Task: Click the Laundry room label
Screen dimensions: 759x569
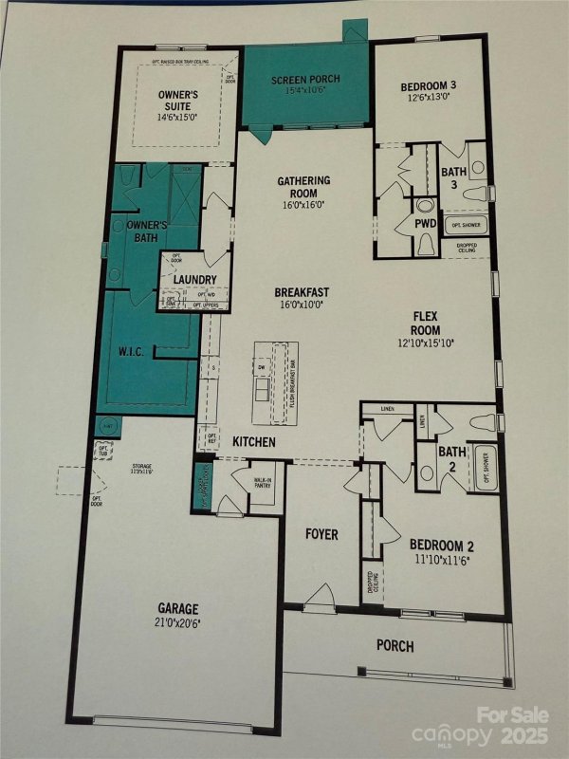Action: click(x=195, y=280)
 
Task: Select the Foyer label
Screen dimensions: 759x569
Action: click(x=321, y=534)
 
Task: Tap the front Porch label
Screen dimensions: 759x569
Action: click(x=395, y=646)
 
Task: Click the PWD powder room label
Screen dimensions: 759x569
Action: click(x=424, y=223)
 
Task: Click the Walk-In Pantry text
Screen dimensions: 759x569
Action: click(x=263, y=484)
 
